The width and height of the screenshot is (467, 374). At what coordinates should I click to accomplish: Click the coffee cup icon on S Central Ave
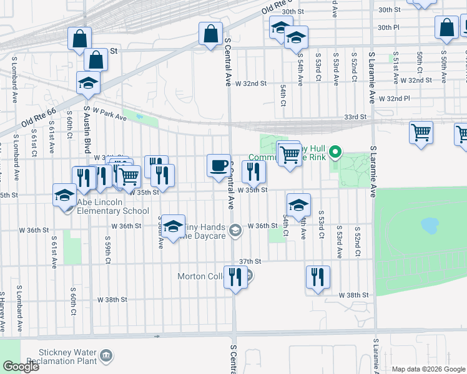click(x=218, y=165)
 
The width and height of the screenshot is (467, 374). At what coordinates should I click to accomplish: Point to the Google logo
click(x=21, y=366)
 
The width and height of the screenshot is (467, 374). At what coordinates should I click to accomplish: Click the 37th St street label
click(x=249, y=262)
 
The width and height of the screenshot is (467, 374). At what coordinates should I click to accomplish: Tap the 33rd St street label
click(x=354, y=117)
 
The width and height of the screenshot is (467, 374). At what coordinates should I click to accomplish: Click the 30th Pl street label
click(x=388, y=27)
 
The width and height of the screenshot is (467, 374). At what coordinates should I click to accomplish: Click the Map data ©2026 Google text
click(x=429, y=369)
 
